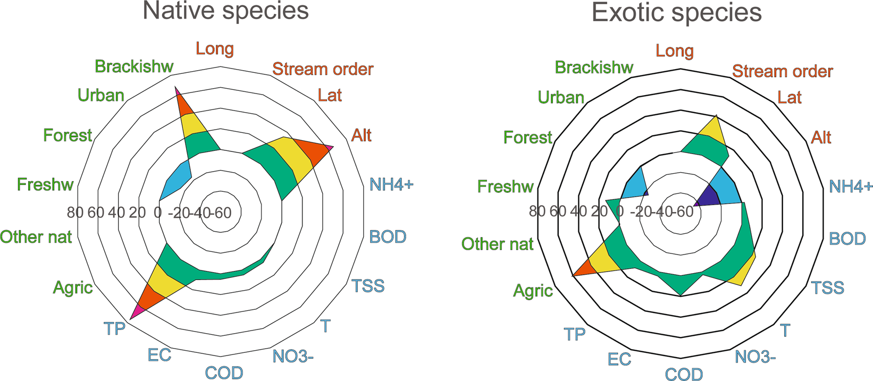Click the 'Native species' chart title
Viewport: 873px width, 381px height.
225,11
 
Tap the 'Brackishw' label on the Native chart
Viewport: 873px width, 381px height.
134,66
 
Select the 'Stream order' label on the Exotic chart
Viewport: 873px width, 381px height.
783,71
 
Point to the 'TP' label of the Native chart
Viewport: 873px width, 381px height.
115,329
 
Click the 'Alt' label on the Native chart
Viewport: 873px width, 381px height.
362,135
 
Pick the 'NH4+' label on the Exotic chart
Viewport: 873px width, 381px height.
850,187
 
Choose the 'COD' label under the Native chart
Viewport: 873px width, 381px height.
224,373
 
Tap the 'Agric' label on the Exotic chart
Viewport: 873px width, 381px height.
533,291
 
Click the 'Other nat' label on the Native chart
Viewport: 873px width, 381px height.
36,237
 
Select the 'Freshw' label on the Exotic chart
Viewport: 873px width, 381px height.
506,187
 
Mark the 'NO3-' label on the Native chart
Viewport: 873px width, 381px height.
293,356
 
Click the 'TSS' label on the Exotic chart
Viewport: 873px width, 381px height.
828,288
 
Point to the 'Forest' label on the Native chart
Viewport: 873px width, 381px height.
68,136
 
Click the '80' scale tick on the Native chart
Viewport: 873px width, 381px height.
75,213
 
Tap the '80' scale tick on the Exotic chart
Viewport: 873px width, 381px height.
537,211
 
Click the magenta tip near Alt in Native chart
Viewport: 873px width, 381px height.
331,148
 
